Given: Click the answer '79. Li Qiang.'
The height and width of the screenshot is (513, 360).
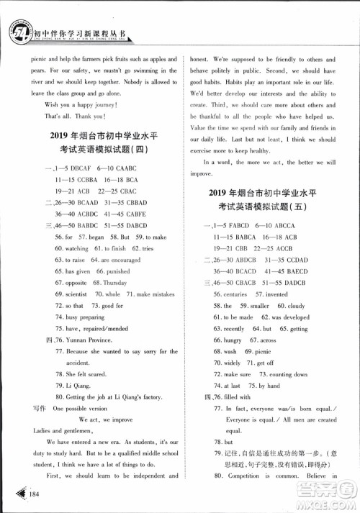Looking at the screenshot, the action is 74,386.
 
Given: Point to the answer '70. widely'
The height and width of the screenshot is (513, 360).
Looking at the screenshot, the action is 227,363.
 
